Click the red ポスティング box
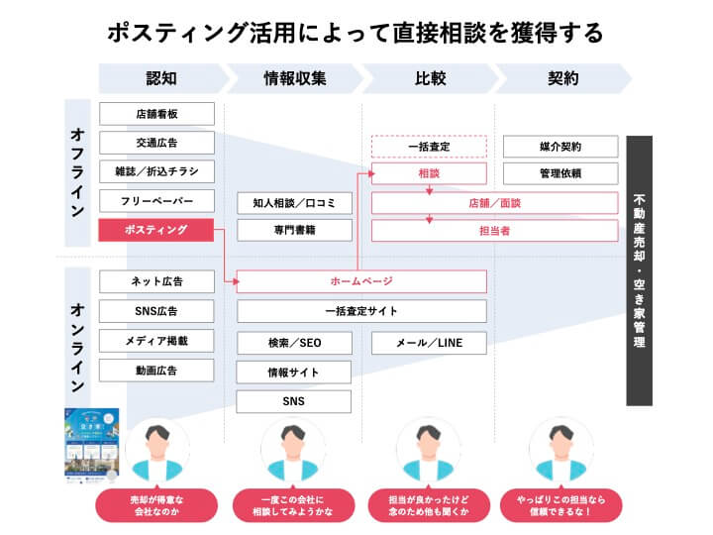(155, 231)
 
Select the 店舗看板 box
(155, 113)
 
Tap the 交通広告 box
(155, 143)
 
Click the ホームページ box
(361, 281)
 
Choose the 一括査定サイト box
(361, 311)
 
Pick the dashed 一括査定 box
(430, 146)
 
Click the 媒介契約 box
(560, 146)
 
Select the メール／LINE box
(430, 343)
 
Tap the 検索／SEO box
(294, 343)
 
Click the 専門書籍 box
(294, 231)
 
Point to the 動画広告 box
(155, 371)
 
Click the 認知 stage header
(160, 78)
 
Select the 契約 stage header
(560, 78)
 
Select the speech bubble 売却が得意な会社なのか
(156, 503)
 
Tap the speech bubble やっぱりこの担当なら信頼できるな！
(560, 503)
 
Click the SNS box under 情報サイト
(294, 401)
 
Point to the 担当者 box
(430, 231)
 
